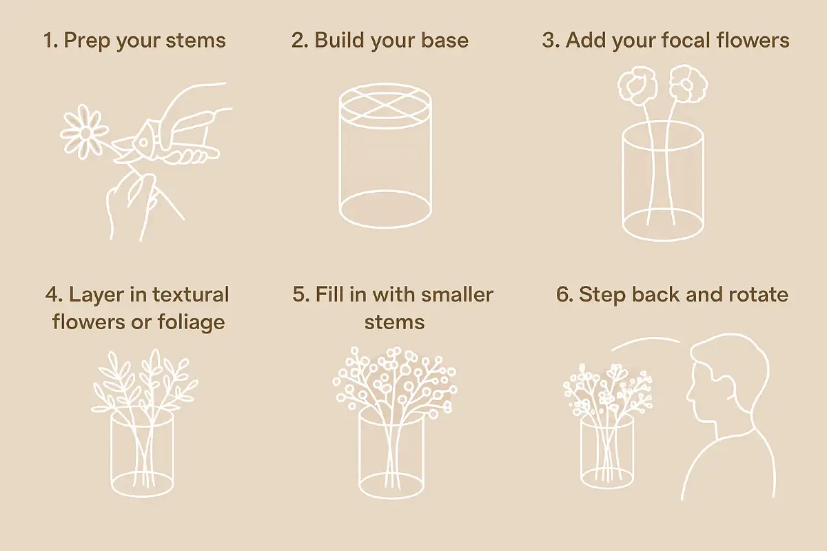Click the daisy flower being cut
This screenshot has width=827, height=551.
coord(85,131)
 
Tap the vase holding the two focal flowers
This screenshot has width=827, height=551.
coord(663,186)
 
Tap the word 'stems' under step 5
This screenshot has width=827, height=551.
coord(394,322)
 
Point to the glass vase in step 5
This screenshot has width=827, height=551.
coord(391,451)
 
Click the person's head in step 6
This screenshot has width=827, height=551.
coord(724,379)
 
